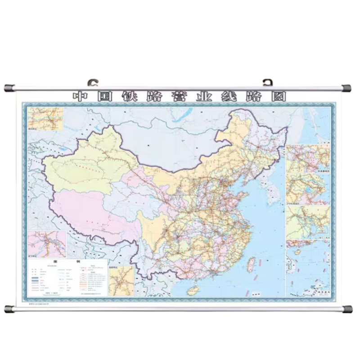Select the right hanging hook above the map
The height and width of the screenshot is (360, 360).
pyautogui.click(x=267, y=82)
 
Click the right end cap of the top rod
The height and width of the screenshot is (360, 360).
pyautogui.click(x=347, y=87)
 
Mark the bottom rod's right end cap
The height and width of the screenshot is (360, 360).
pyautogui.click(x=347, y=309)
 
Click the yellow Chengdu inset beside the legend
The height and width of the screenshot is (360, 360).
pyautogui.click(x=121, y=281)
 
